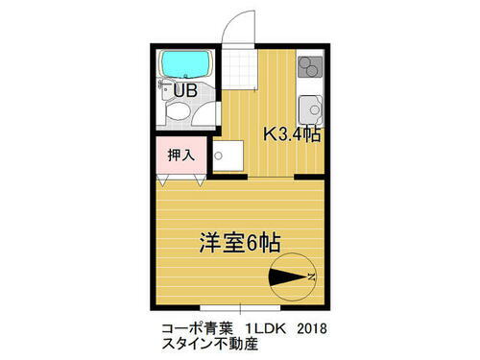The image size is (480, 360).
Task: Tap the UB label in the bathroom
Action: [x=185, y=90]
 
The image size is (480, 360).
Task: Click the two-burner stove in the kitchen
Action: [x=311, y=66]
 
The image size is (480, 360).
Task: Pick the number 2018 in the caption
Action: [x=312, y=327]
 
